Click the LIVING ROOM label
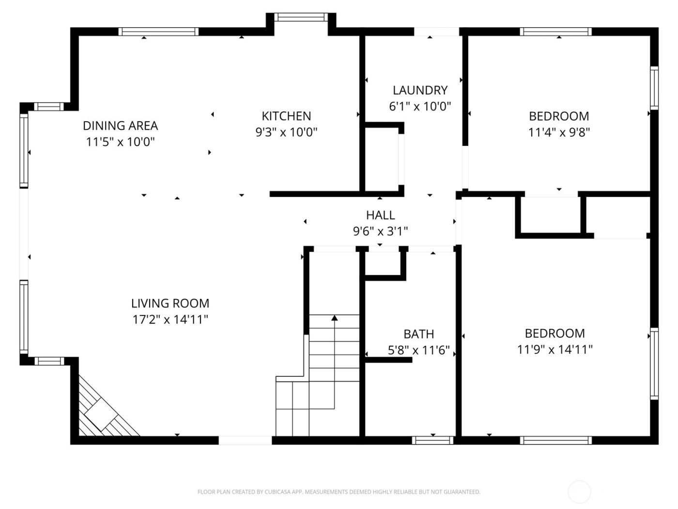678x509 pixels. click(x=170, y=303)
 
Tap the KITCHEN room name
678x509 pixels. click(x=286, y=116)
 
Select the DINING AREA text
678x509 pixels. click(x=120, y=126)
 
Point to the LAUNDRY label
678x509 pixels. click(x=420, y=90)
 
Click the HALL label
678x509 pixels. click(x=380, y=215)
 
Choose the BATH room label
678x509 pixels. click(x=418, y=334)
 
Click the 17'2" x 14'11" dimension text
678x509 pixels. click(x=170, y=319)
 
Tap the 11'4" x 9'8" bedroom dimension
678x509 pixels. click(x=559, y=132)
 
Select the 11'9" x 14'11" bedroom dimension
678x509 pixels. click(x=555, y=349)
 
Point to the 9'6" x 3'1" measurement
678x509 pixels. click(x=380, y=231)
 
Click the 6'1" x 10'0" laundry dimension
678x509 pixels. click(x=420, y=106)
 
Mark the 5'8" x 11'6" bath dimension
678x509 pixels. click(x=418, y=350)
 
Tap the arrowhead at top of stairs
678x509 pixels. click(x=334, y=318)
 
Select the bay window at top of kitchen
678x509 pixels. click(x=301, y=17)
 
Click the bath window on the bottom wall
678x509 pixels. click(x=432, y=440)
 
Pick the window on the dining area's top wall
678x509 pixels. click(x=159, y=32)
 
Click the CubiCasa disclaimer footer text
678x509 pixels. click(x=339, y=492)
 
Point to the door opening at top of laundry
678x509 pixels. click(x=436, y=32)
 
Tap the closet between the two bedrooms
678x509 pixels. click(x=550, y=216)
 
